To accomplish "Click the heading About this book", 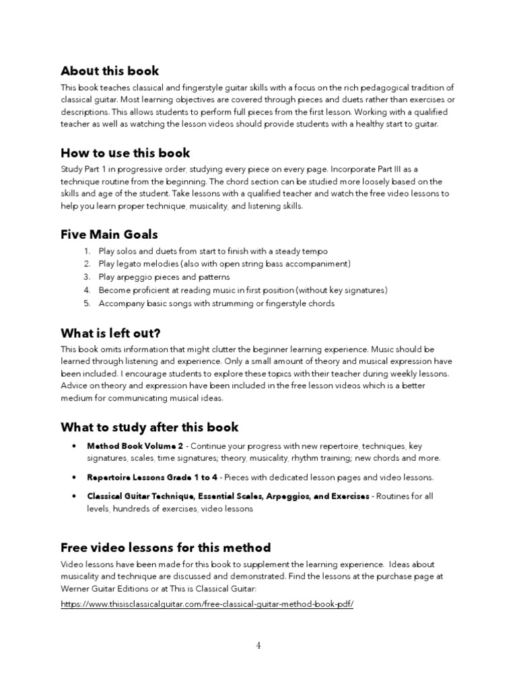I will [110, 71].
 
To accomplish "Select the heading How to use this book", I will [125, 153].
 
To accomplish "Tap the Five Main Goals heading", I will [109, 235].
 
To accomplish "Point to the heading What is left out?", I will [111, 333].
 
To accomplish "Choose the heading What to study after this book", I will [149, 427].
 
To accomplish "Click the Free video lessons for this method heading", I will [166, 547].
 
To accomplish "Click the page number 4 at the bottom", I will [258, 646].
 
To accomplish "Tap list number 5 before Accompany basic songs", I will [87, 303].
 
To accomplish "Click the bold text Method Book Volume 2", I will [135, 446].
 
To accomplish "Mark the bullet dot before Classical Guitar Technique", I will [73, 497].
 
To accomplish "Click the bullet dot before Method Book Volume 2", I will [73, 446].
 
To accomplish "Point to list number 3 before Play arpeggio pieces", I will [87, 277].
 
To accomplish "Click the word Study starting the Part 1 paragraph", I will [71, 170].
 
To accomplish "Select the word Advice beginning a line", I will [73, 386].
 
